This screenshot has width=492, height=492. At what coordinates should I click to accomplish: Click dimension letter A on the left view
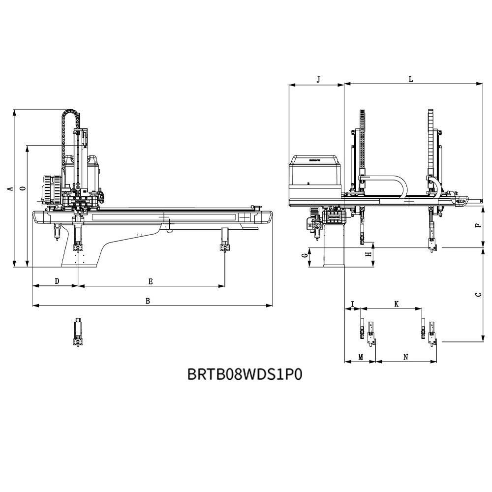[x=9, y=189]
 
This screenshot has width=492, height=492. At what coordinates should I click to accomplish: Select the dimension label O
[x=21, y=189]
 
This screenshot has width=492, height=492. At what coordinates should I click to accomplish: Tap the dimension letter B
[x=148, y=301]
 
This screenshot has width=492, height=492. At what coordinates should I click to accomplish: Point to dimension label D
[x=57, y=281]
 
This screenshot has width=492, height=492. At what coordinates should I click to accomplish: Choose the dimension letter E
[x=151, y=281]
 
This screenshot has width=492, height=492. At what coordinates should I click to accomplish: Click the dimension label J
[x=318, y=79]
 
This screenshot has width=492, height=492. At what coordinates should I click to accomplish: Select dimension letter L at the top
[x=411, y=79]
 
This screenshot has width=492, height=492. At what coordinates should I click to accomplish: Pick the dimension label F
[x=478, y=226]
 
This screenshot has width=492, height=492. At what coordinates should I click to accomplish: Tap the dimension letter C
[x=478, y=295]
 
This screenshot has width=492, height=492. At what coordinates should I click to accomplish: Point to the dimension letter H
[x=368, y=254]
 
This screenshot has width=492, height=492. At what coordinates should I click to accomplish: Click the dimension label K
[x=396, y=304]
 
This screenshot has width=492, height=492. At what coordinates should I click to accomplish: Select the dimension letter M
[x=360, y=357]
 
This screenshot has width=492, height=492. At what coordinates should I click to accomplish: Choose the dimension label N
[x=406, y=357]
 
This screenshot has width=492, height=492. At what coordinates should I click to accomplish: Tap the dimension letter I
[x=352, y=303]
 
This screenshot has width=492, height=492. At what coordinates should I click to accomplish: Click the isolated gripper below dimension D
[x=78, y=333]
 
